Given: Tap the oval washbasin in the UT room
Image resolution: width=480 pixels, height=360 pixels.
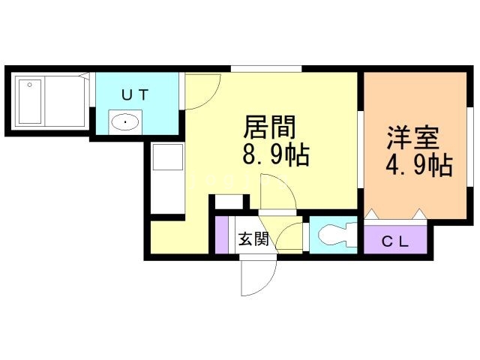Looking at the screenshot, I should coord(125,121).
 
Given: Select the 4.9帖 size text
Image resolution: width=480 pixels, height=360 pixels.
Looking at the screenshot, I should coord(418,165).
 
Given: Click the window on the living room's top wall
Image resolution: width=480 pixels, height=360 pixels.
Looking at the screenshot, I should coord(266,70).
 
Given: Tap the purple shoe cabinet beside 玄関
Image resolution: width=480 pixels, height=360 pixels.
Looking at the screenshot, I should coord(221,234).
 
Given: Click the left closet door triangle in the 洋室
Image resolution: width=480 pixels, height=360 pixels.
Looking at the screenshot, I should coord(372,215).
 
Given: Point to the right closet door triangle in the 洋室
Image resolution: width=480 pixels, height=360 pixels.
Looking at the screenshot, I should coord(420,215).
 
